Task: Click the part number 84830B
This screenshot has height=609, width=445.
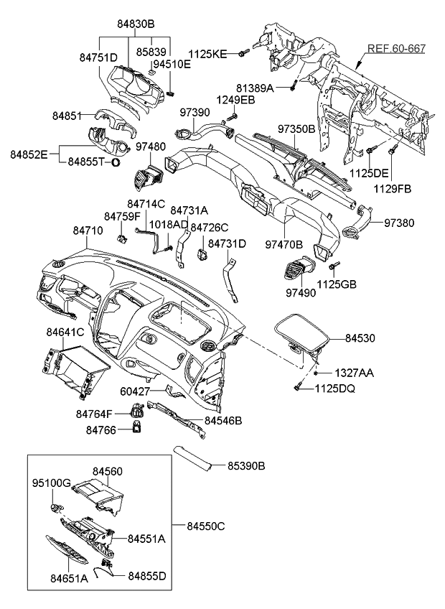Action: point(136,23)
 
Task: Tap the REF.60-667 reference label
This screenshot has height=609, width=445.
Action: point(396,50)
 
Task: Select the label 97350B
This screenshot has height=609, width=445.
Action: point(296,129)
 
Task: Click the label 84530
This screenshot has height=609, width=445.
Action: point(360,338)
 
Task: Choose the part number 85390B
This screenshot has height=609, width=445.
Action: point(246,466)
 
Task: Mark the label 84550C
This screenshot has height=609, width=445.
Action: point(205,526)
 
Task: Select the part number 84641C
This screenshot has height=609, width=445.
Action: point(65,333)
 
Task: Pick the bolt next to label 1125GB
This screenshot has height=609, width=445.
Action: point(332,267)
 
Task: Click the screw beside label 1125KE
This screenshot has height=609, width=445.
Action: point(245,52)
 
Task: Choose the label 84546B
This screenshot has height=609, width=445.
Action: point(222,420)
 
